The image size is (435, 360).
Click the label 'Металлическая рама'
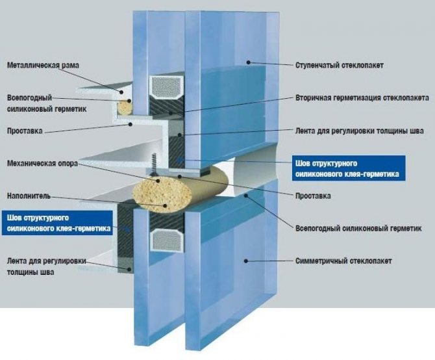[x=43, y=66]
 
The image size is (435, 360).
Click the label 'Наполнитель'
[x=29, y=195]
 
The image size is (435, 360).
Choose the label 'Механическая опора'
[x=42, y=164]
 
